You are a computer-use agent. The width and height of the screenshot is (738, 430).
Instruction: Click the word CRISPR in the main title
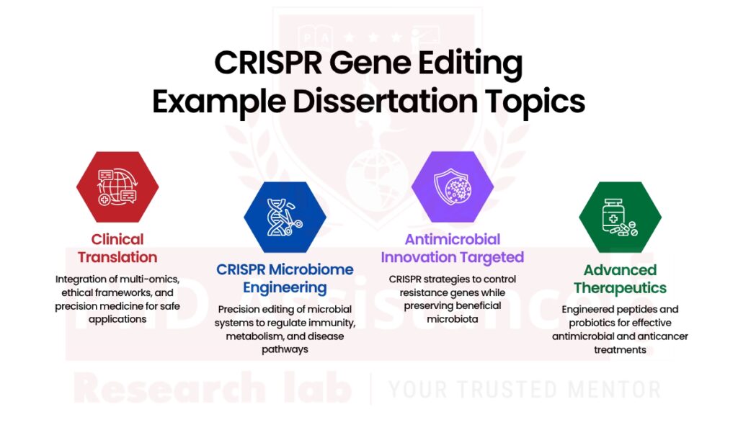tap(266, 64)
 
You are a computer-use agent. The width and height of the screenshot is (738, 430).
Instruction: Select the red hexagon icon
tap(117, 187)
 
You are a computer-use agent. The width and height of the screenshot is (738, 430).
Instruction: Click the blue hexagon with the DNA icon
tap(285, 217)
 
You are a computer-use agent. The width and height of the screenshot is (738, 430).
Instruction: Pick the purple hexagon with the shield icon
tap(453, 187)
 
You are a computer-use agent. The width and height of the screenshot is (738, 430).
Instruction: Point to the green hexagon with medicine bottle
tap(620, 217)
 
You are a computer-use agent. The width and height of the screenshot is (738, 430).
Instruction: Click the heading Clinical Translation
tap(117, 248)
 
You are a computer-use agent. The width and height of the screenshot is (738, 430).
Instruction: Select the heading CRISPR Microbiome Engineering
tap(285, 279)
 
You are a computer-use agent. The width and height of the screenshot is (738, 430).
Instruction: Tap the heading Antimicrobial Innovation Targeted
tap(453, 248)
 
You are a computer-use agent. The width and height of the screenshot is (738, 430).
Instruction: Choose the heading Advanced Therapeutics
tap(620, 279)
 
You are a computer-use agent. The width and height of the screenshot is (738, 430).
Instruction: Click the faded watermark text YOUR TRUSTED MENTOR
tap(524, 390)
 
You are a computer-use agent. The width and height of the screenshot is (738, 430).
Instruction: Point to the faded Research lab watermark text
tap(212, 390)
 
